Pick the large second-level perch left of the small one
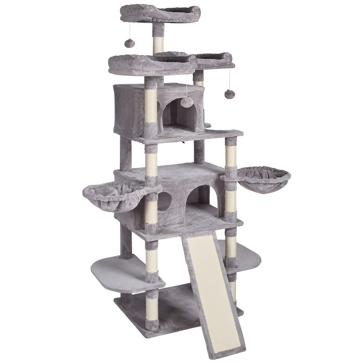coord(150,64)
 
